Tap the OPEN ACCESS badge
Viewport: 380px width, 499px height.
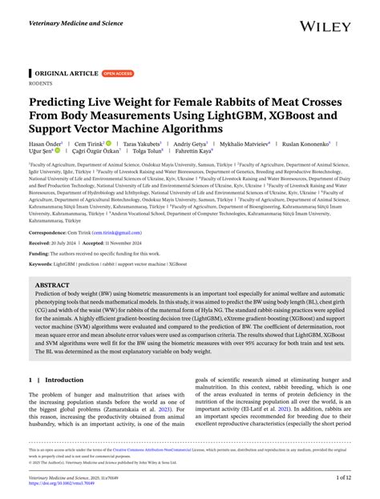(x=118, y=73)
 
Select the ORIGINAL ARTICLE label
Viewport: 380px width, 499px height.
(x=65, y=73)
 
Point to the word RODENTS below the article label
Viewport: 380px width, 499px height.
(x=41, y=82)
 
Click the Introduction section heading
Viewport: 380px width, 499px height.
(x=64, y=380)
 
